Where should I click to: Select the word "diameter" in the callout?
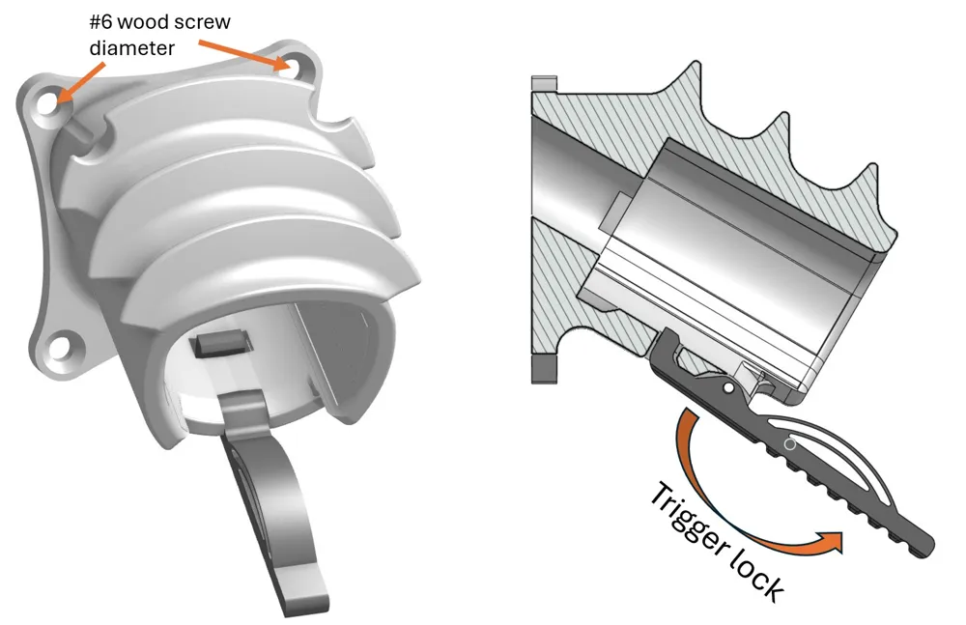(132, 47)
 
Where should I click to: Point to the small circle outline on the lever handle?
(790, 443)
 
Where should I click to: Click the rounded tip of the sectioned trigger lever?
(927, 545)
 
